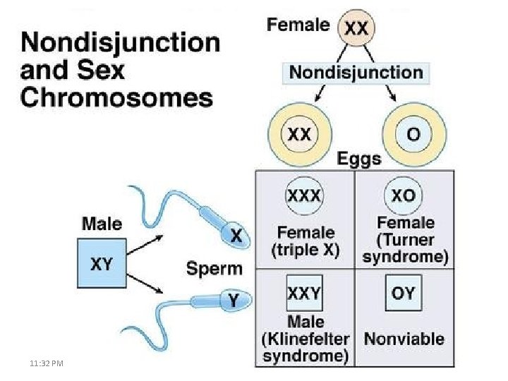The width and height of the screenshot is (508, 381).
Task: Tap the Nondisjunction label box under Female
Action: point(357,72)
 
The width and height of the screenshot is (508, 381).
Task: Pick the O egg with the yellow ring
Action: point(415,135)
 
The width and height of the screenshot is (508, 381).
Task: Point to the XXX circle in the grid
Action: point(304,195)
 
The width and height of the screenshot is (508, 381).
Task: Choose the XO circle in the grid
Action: point(404,195)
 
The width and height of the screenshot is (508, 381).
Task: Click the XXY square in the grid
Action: point(304,293)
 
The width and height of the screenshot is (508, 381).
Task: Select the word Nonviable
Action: point(404,339)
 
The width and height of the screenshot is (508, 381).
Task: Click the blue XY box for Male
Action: point(102,264)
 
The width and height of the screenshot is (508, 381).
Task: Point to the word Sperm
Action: point(214,268)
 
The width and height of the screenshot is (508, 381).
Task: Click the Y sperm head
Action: point(234,301)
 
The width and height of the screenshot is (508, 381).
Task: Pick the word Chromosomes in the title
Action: point(117,97)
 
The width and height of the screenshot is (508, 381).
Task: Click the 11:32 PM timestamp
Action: point(46,363)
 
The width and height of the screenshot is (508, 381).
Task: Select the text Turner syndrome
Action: point(405,248)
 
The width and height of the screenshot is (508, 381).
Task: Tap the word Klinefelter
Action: point(306,339)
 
